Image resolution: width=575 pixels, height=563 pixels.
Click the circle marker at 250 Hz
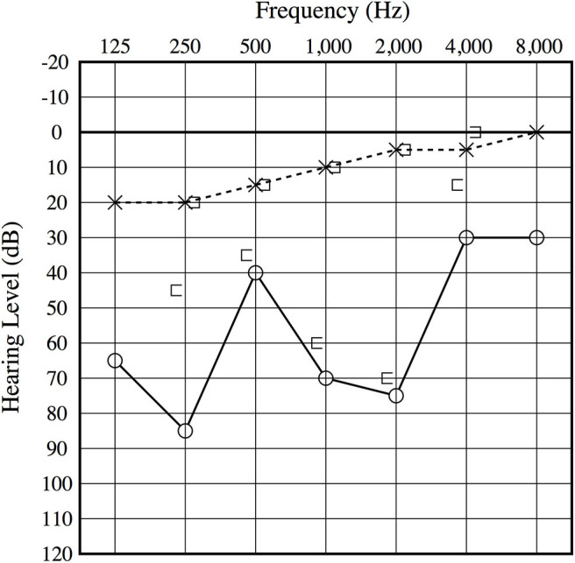click(x=185, y=431)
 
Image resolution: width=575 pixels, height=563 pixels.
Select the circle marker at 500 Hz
click(x=255, y=273)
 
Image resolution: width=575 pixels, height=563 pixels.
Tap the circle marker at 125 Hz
click(x=115, y=361)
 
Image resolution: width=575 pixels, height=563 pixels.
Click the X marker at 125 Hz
click(x=115, y=202)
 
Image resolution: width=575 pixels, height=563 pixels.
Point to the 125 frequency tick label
click(x=115, y=46)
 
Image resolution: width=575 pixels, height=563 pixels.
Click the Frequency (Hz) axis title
click(x=324, y=12)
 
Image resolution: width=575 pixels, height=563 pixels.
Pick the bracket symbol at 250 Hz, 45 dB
click(x=176, y=290)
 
